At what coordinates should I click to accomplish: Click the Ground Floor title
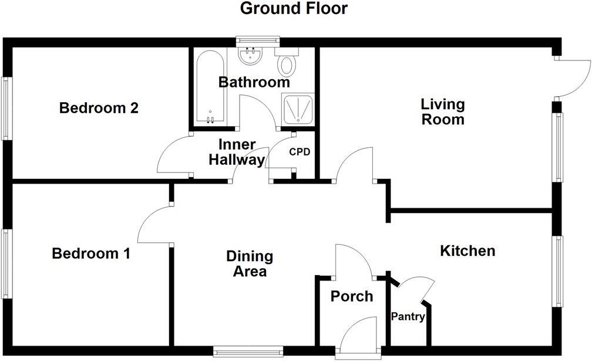pyautogui.click(x=294, y=9)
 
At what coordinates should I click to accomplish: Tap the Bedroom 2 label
pyautogui.click(x=99, y=109)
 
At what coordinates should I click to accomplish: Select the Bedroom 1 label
pyautogui.click(x=91, y=254)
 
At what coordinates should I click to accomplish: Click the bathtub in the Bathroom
pyautogui.click(x=209, y=88)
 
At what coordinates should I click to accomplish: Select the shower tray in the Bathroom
pyautogui.click(x=299, y=109)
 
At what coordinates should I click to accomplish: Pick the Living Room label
pyautogui.click(x=443, y=111)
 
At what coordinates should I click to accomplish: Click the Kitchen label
pyautogui.click(x=467, y=251)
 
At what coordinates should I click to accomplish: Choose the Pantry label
pyautogui.click(x=408, y=317)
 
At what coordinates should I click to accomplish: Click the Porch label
pyautogui.click(x=351, y=296)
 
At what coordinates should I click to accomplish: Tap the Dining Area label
pyautogui.click(x=250, y=264)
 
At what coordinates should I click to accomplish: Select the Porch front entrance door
pyautogui.click(x=358, y=337)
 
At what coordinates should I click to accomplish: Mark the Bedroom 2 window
pyautogui.click(x=6, y=109)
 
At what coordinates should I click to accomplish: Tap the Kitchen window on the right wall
pyautogui.click(x=558, y=270)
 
